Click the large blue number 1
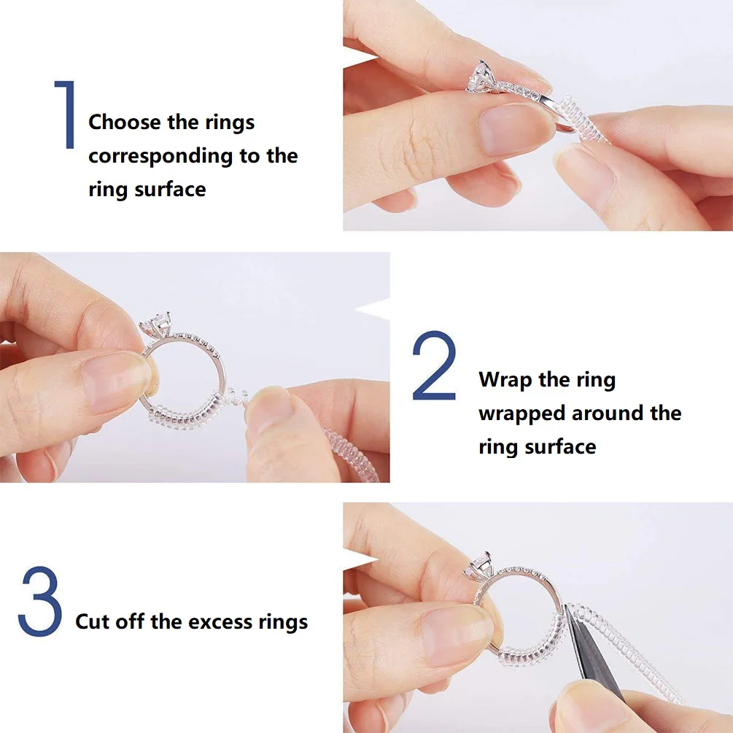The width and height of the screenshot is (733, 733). click(x=65, y=115)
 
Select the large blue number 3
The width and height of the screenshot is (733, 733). click(x=41, y=602)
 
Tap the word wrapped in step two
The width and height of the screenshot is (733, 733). click(x=521, y=414)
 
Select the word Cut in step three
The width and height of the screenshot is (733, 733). click(x=92, y=622)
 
